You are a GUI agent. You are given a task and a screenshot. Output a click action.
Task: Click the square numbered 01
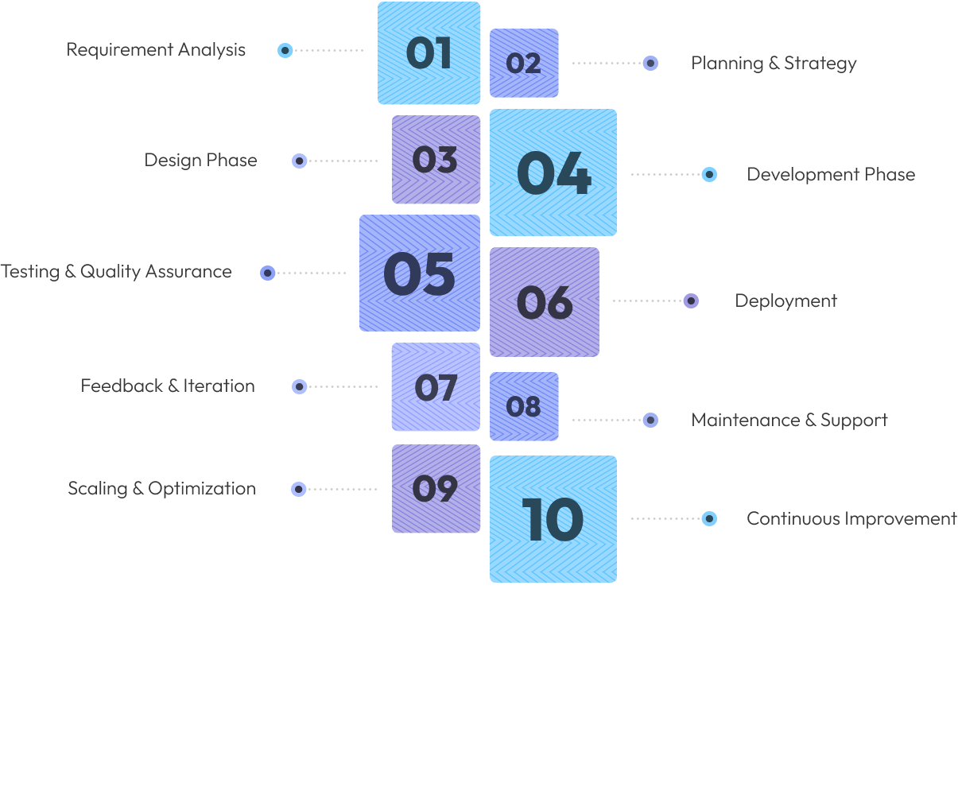[x=429, y=53]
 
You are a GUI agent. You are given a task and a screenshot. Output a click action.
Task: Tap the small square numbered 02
[x=524, y=63]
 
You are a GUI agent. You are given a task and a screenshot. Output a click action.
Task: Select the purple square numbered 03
[x=436, y=160]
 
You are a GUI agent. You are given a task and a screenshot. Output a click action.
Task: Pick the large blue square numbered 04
[x=553, y=173]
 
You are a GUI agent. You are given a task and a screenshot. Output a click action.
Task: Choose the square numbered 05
[x=419, y=273]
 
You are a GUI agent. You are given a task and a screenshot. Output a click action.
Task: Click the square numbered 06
[x=544, y=302]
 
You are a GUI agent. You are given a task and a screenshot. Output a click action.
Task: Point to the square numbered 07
[x=436, y=387]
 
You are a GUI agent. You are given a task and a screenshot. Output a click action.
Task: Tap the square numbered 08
[x=524, y=406]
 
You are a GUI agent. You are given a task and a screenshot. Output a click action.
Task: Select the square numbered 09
[x=436, y=489]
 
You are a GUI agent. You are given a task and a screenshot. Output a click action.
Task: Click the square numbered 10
[x=553, y=519]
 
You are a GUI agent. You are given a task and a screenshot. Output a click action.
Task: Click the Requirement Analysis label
[x=156, y=50]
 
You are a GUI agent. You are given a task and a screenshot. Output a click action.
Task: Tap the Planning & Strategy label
[x=774, y=64]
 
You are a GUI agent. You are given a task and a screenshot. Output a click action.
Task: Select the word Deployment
[x=785, y=301]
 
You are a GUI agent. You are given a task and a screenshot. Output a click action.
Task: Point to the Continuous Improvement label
[x=851, y=518]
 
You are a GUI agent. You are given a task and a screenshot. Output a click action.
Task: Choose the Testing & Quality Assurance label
[x=116, y=272]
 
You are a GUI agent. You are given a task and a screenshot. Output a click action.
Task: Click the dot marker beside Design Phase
[x=300, y=161]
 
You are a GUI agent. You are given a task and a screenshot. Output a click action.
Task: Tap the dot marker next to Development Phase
[x=709, y=174]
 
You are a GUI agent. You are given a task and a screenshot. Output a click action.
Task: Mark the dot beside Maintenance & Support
[x=650, y=420]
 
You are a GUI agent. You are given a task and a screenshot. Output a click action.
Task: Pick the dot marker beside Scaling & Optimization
[x=298, y=489]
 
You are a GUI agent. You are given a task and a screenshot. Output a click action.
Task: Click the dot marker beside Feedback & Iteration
[x=300, y=387]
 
